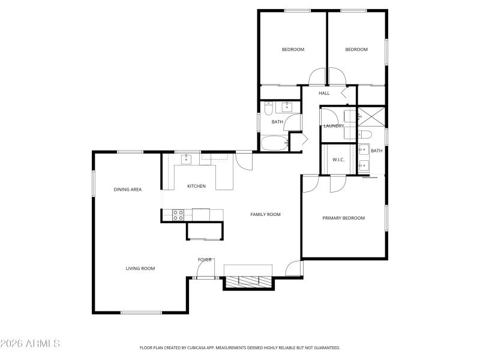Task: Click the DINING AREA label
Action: click(x=128, y=190)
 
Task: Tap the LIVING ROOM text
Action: click(x=140, y=269)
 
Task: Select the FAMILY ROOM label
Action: click(x=265, y=214)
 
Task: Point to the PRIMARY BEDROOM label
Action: click(x=343, y=218)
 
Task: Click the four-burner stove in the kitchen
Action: click(x=178, y=215)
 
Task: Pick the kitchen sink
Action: click(x=187, y=159)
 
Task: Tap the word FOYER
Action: click(x=205, y=260)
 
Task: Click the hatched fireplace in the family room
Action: click(x=249, y=280)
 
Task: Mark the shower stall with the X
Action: click(x=371, y=116)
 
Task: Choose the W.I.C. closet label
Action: click(x=338, y=160)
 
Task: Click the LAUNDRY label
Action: click(x=334, y=126)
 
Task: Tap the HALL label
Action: click(x=324, y=93)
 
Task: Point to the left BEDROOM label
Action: click(x=293, y=49)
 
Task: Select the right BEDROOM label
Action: click(x=356, y=49)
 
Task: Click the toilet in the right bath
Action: click(x=365, y=134)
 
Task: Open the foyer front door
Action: click(x=206, y=277)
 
